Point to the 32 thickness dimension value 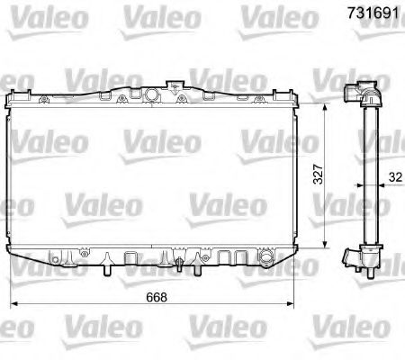(396, 177)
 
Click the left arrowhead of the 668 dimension (14, 302)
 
